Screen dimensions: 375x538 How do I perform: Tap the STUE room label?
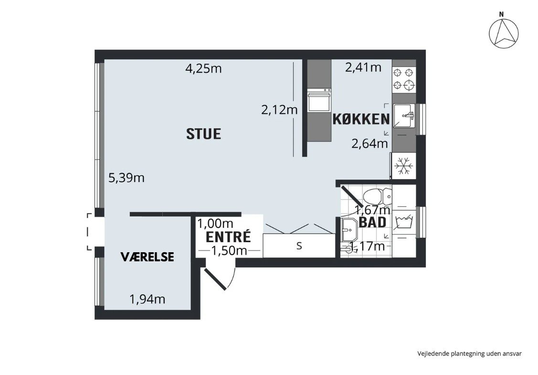tap(203, 133)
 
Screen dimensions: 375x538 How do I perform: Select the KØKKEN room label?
tap(360, 119)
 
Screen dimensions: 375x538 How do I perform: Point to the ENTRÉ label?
tap(228, 236)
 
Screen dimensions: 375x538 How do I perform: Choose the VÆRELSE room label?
tap(147, 257)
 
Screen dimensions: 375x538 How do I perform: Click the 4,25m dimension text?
tap(203, 68)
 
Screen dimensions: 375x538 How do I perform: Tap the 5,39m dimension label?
tap(127, 178)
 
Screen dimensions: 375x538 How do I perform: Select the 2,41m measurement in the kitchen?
tap(363, 67)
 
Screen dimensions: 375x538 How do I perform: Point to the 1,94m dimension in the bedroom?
tap(147, 300)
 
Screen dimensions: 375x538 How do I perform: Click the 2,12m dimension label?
tap(279, 110)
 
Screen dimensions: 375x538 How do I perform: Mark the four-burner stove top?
tap(403, 79)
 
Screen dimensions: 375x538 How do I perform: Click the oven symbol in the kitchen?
tap(319, 100)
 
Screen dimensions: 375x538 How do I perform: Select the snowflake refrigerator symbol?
tap(404, 167)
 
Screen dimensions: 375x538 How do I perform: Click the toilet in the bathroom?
tap(377, 196)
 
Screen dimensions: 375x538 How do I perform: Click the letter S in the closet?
tap(299, 246)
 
